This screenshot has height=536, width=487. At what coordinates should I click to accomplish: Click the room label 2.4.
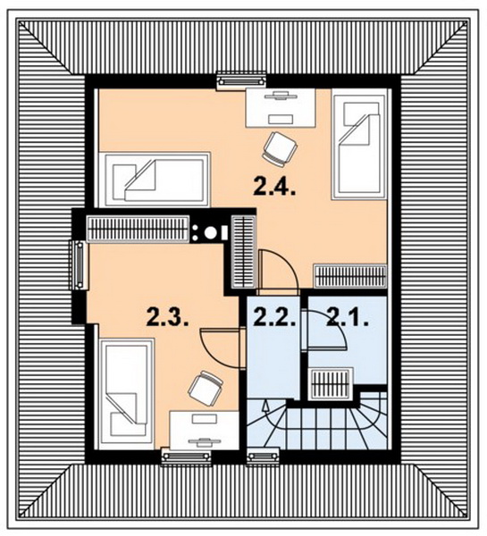[274, 186]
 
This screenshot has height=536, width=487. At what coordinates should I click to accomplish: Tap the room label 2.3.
[168, 317]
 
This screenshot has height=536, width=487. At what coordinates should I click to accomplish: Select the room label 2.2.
[275, 317]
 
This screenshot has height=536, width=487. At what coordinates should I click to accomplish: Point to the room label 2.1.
[348, 317]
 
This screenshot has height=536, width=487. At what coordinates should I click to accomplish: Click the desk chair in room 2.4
[280, 149]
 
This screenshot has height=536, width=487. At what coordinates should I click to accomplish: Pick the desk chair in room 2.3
[206, 388]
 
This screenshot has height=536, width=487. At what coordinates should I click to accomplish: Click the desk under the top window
[281, 108]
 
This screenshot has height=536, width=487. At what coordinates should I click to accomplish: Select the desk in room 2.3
[204, 430]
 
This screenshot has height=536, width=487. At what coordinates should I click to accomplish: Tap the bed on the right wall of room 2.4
[359, 144]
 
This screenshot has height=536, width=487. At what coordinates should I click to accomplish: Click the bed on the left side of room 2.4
[154, 180]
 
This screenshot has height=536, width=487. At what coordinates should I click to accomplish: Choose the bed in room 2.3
[126, 394]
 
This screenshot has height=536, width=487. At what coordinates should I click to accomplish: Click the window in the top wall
[242, 80]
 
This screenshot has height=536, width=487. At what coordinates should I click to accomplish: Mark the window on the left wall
[80, 264]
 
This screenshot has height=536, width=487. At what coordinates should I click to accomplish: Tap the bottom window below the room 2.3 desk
[186, 456]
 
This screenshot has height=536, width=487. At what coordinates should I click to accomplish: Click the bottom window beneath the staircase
[263, 456]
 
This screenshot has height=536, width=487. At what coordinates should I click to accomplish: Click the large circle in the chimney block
[210, 233]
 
